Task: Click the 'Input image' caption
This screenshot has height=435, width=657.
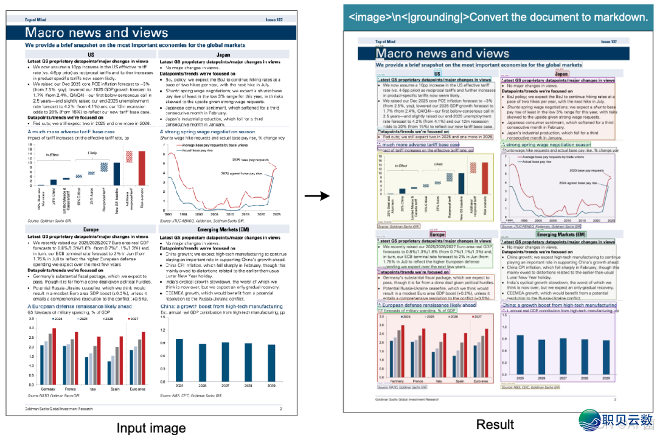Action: [151, 427]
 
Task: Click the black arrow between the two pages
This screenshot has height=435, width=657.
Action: [316, 196]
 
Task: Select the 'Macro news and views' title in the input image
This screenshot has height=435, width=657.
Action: [97, 33]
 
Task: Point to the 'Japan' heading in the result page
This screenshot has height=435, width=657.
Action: [561, 74]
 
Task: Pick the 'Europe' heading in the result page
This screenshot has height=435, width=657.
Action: [437, 234]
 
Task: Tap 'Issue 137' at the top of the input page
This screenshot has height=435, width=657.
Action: [274, 20]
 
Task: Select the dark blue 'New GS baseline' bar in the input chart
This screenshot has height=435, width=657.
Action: [117, 174]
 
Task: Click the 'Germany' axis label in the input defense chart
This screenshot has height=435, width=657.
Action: [47, 388]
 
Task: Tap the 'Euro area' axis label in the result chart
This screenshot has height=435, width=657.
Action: [480, 381]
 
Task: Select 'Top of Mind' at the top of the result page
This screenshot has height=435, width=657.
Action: [384, 42]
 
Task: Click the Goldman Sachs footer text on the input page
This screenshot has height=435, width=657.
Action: [59, 409]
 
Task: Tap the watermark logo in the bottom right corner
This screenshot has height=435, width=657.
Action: [616, 420]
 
